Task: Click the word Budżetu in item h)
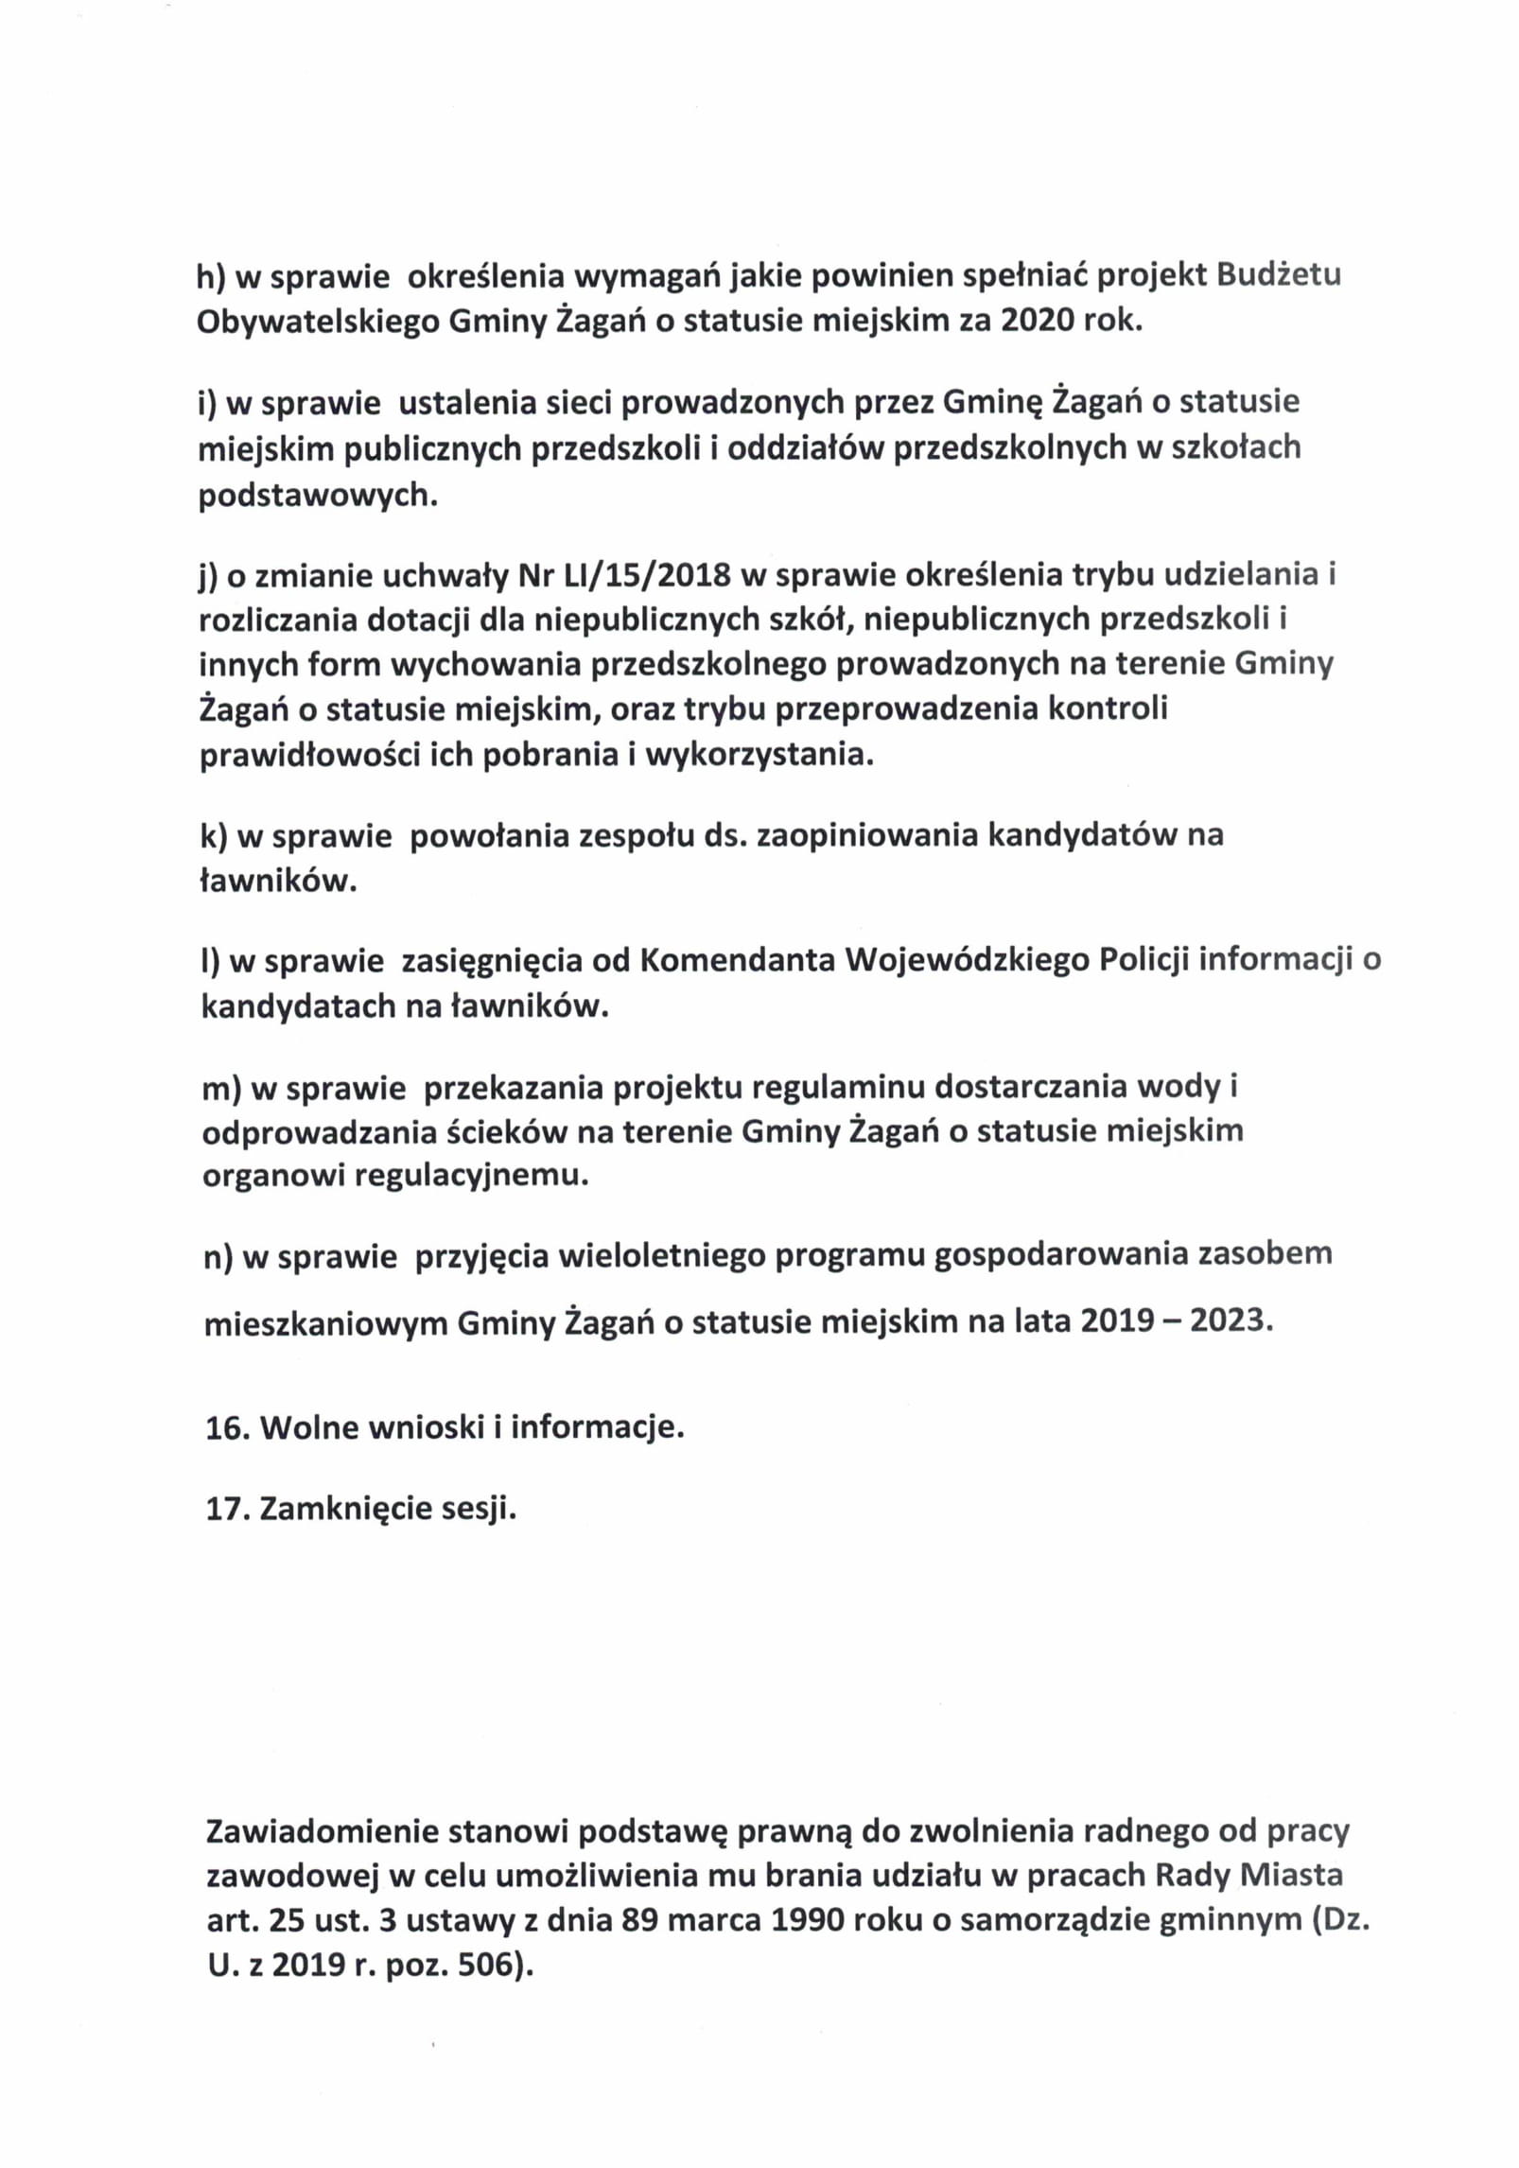(1278, 275)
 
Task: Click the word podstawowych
(318, 496)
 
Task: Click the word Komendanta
(738, 960)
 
